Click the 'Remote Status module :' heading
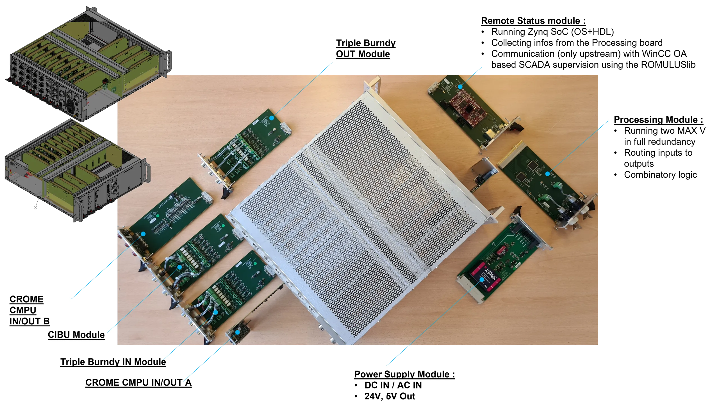(533, 21)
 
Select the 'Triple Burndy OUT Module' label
(365, 48)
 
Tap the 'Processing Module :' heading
(658, 120)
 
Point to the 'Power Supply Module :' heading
(404, 374)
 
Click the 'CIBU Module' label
(76, 335)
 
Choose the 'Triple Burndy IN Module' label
(113, 362)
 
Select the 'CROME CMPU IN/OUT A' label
(138, 382)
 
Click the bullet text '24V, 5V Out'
(390, 396)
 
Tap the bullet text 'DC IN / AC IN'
(393, 385)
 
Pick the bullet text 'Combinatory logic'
(660, 175)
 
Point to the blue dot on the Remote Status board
(460, 87)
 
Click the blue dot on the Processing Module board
(547, 174)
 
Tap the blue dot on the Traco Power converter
(482, 279)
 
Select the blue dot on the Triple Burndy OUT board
(272, 118)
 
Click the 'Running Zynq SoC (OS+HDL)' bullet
(552, 32)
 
